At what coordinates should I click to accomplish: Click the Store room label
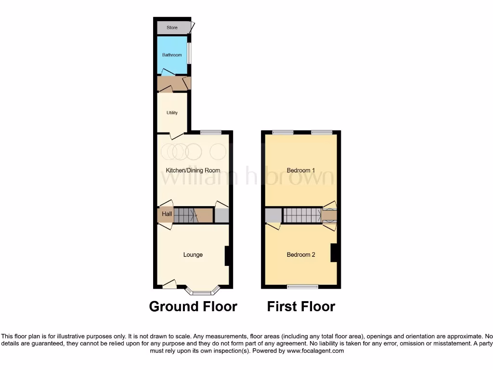point(172,28)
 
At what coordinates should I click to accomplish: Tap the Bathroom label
point(172,55)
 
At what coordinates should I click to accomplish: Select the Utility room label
point(172,113)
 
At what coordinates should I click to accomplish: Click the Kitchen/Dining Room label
point(193,171)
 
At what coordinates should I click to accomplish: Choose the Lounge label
point(193,255)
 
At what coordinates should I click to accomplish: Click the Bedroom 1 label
point(301,171)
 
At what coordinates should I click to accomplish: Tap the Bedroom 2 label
point(301,255)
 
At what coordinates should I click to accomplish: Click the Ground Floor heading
point(193,306)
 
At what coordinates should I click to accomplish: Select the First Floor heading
point(301,306)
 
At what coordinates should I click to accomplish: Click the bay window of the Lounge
point(202,291)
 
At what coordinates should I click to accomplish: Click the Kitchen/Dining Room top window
point(210,132)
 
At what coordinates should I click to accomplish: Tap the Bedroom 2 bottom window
point(302,287)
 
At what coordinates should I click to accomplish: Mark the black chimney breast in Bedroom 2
point(333,253)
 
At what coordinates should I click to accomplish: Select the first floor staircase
point(301,215)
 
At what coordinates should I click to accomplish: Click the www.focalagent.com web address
point(315,351)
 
